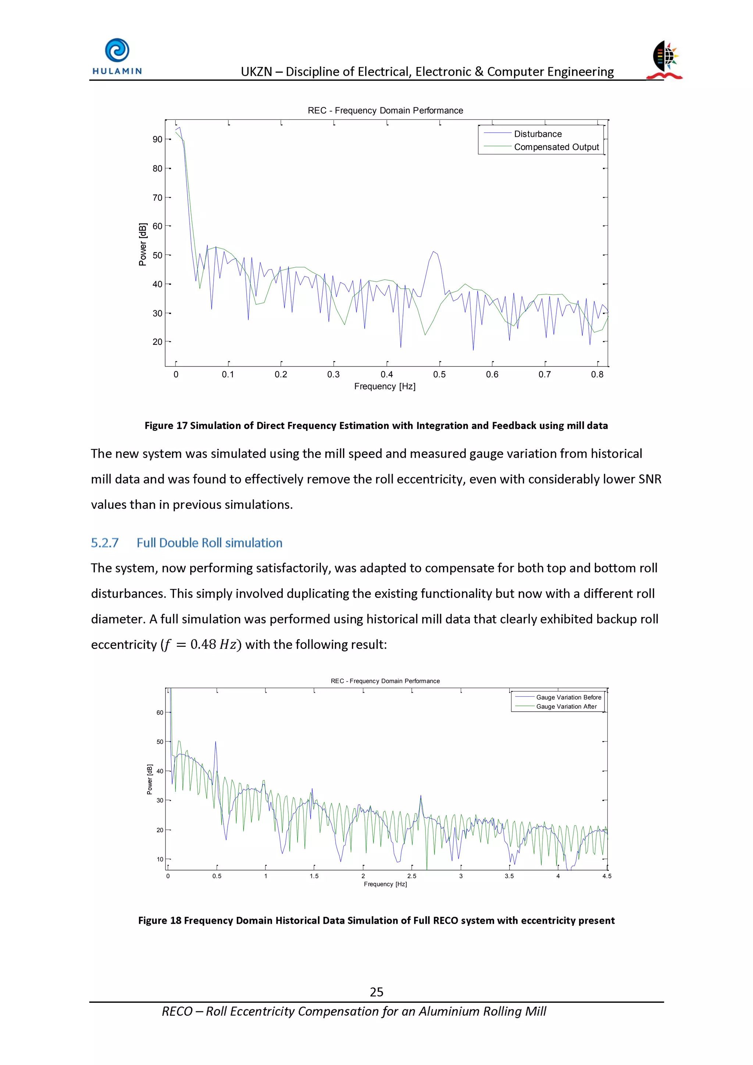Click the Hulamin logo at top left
pos(117,57)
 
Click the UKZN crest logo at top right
pos(666,60)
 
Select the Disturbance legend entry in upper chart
pos(537,134)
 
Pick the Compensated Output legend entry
pos(556,147)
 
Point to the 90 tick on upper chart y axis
pos(157,140)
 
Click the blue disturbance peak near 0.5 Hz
pos(434,252)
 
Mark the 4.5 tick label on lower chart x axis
pos(606,876)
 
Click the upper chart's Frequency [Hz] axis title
pos(385,386)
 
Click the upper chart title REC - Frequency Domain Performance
pos(385,110)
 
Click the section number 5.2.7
pos(105,543)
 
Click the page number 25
pos(376,992)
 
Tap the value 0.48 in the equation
pos(203,644)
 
